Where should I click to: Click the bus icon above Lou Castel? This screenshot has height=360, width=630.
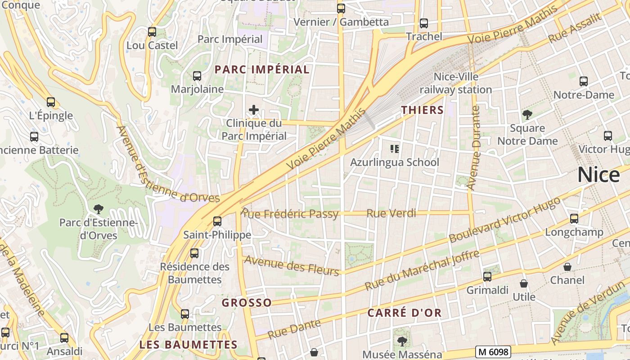[152, 32]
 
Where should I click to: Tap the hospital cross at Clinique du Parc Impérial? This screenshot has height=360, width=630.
[254, 109]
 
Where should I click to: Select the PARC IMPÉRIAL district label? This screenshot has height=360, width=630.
[262, 69]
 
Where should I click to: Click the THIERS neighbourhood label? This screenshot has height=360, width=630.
[422, 110]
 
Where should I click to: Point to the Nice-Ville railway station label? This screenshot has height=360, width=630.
[455, 83]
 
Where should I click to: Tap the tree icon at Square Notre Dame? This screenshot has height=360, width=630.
[527, 115]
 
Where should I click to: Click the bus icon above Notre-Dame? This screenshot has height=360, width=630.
[584, 81]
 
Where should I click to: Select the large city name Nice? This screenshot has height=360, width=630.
[598, 175]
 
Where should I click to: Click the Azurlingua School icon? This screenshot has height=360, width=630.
[395, 148]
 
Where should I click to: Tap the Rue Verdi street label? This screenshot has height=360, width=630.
[391, 213]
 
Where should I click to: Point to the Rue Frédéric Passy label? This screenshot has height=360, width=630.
[290, 214]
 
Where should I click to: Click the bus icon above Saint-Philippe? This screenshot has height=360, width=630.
[217, 221]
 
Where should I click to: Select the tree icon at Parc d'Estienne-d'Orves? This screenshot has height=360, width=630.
[98, 209]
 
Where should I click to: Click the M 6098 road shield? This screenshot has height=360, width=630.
[493, 351]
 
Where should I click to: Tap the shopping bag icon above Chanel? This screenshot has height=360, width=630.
[567, 267]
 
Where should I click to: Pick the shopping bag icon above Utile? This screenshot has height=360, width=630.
[524, 283]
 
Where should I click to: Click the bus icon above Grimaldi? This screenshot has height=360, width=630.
[487, 277]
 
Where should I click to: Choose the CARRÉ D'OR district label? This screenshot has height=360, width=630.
[405, 313]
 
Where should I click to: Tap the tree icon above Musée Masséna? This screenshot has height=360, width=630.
[402, 341]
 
